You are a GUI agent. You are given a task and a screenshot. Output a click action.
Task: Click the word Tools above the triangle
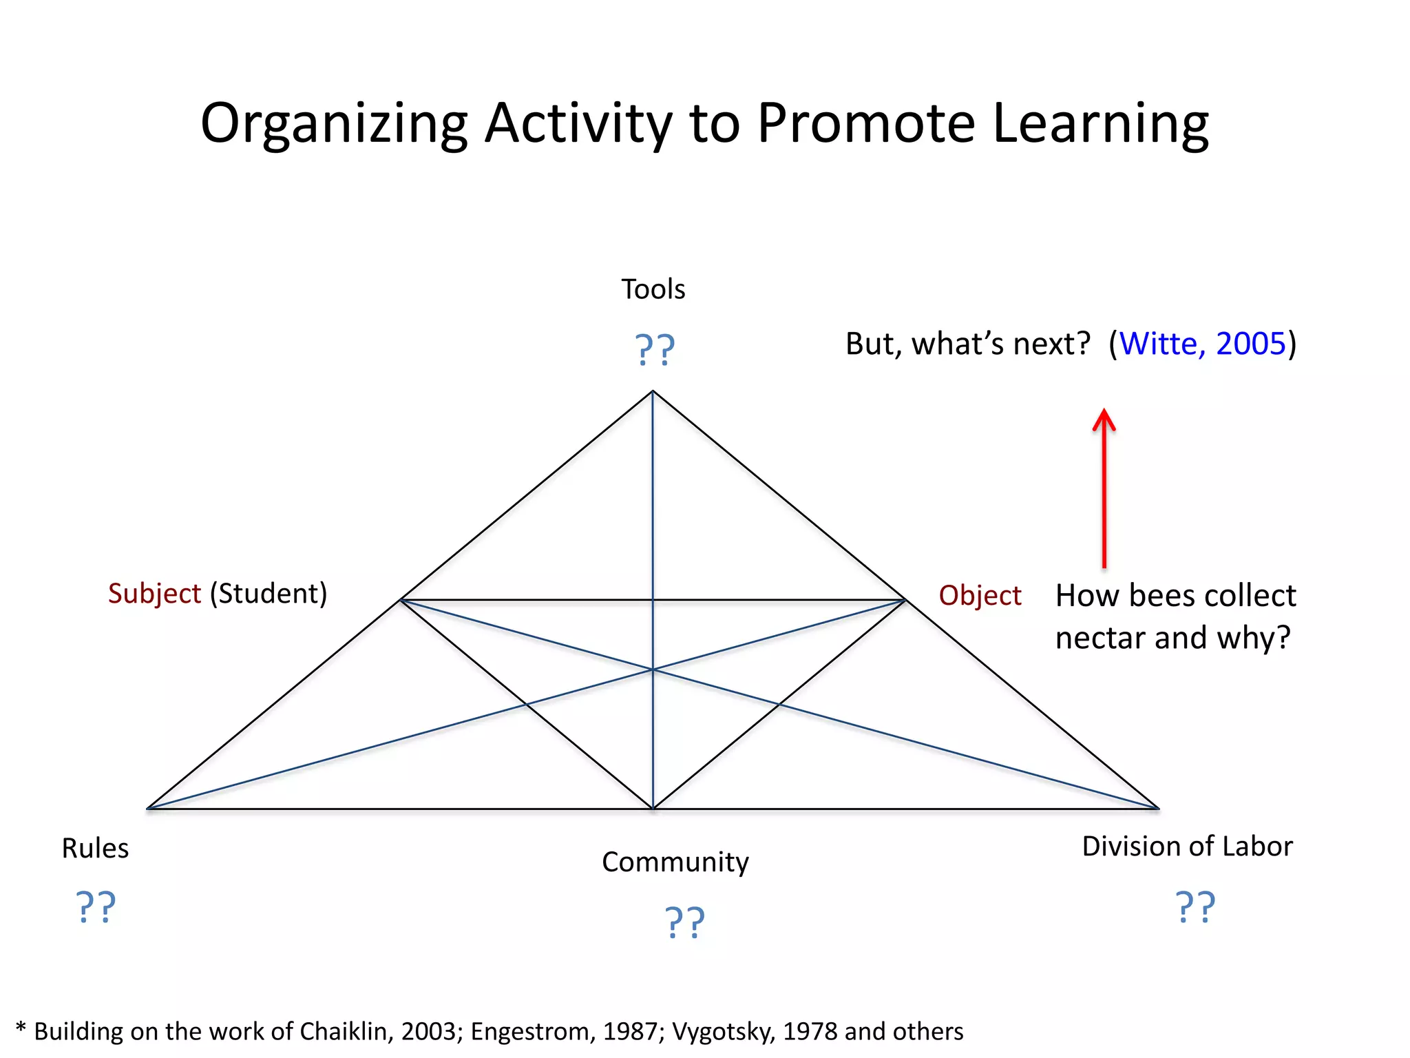click(653, 289)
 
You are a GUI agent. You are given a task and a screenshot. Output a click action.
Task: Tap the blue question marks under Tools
click(654, 350)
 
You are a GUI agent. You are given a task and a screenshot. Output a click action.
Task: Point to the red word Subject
click(154, 594)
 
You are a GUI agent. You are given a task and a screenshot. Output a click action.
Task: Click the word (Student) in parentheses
click(269, 594)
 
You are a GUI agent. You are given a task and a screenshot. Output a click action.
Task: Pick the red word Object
click(980, 596)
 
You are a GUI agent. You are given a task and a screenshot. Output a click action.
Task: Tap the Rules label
click(95, 849)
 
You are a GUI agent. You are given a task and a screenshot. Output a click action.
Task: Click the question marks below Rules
click(95, 907)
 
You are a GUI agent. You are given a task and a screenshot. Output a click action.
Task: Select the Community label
click(675, 862)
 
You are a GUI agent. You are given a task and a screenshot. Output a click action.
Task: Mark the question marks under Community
click(684, 923)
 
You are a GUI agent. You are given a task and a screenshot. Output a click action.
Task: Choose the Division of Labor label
click(1187, 847)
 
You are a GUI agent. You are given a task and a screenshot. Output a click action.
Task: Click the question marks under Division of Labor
click(1195, 907)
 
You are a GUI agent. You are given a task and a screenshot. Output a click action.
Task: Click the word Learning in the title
click(1100, 124)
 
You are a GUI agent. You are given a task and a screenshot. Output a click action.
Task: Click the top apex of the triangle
click(653, 392)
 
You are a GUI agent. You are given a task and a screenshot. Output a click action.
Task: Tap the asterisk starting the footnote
click(21, 1029)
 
